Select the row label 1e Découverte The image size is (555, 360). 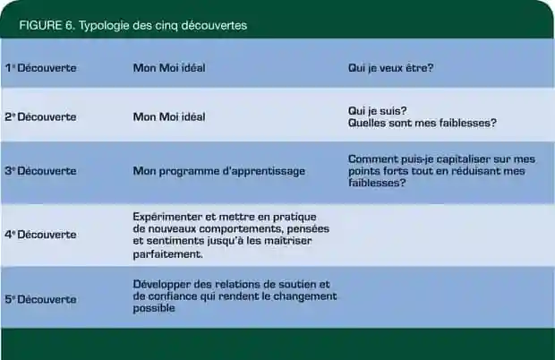coord(40,67)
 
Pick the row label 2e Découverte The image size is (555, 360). coord(40,116)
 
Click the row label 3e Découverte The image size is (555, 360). coord(40,171)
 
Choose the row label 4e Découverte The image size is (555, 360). coord(40,235)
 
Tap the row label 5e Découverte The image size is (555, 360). coord(40,299)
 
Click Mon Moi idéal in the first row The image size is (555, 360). coord(169,67)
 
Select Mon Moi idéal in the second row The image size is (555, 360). coord(169,116)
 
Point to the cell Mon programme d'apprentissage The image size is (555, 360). coord(219,171)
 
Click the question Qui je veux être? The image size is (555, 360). coord(391,67)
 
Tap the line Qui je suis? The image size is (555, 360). coord(378,111)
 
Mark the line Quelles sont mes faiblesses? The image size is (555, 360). coord(423,123)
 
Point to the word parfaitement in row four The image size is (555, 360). coord(167,254)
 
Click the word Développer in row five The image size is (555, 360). coord(162,285)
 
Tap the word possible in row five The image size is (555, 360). coord(154,308)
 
